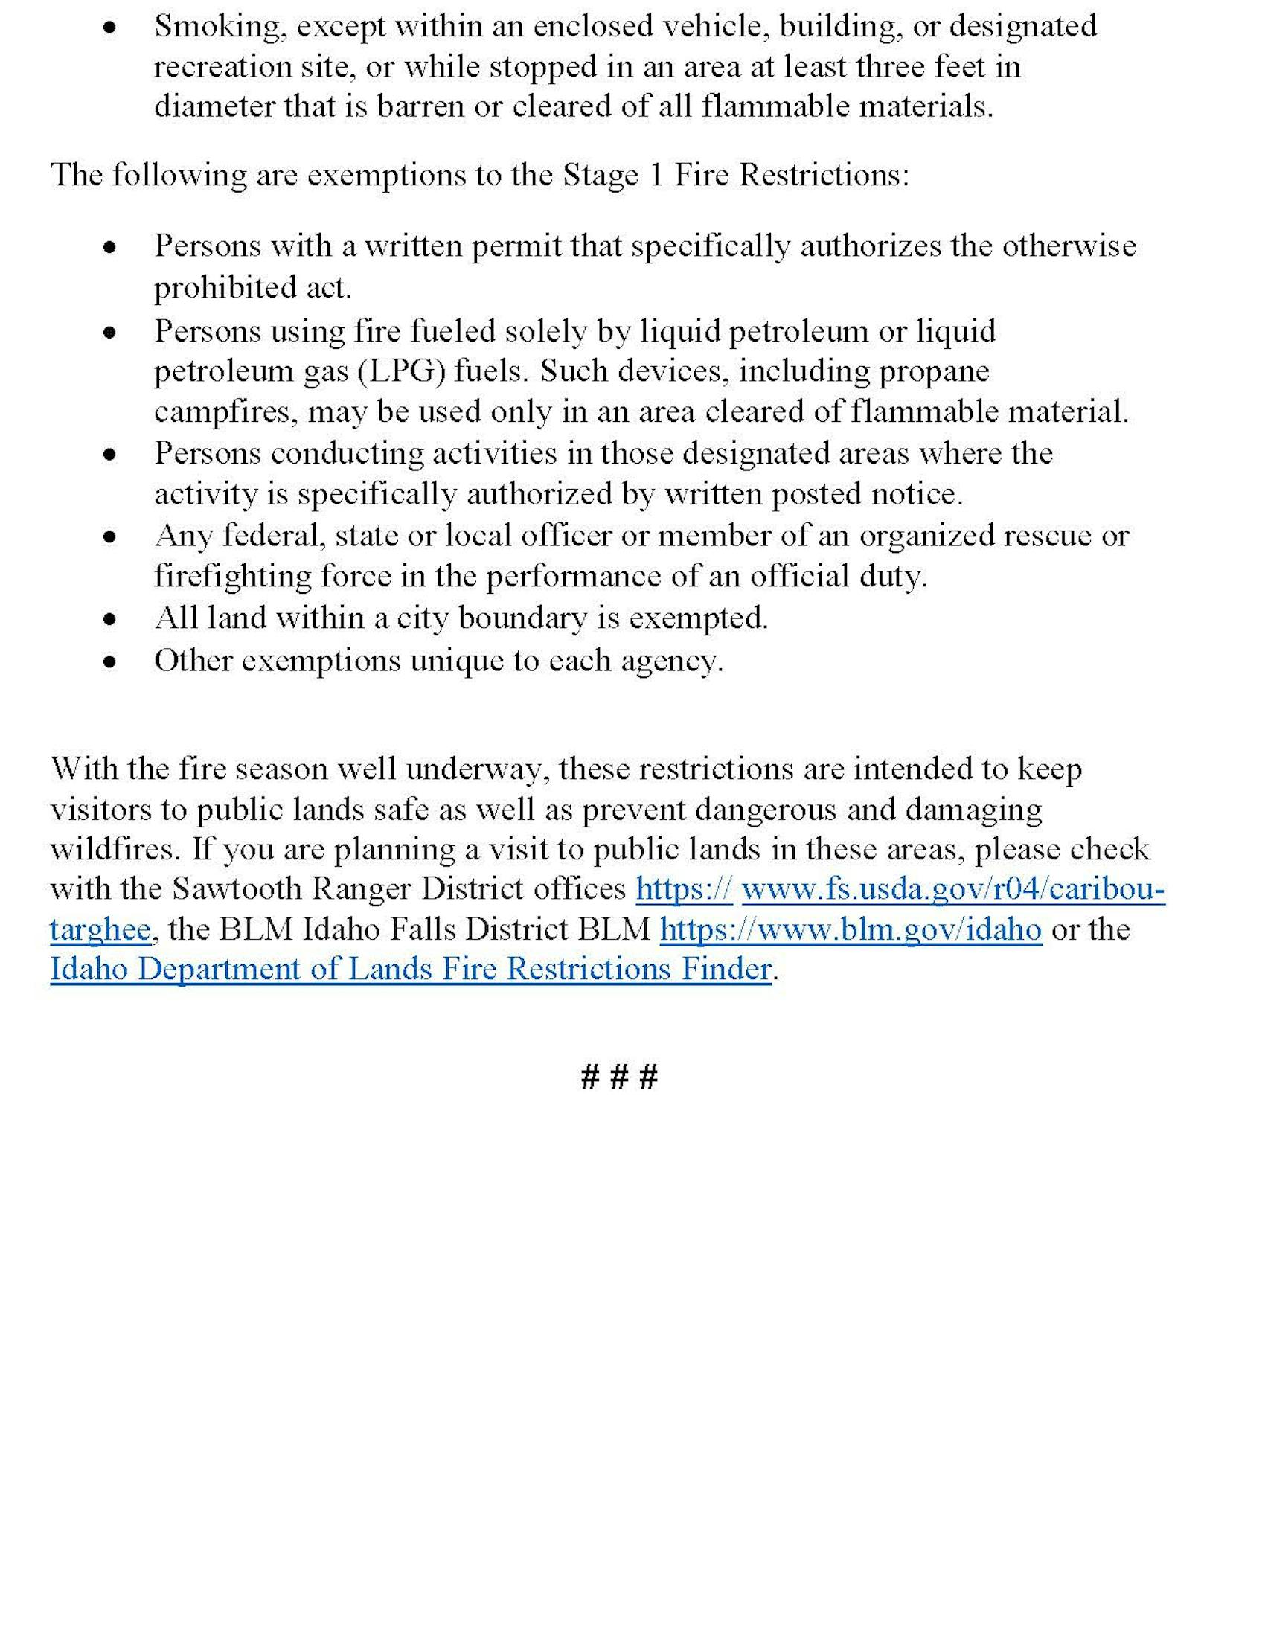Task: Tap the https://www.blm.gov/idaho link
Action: click(851, 929)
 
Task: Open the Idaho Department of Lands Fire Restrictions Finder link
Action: click(411, 969)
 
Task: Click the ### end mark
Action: click(619, 1077)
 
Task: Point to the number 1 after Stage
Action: click(656, 176)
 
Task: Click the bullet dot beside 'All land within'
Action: click(110, 619)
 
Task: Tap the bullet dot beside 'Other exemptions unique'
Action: click(110, 661)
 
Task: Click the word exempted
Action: click(697, 618)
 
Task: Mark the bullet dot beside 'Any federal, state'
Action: click(110, 536)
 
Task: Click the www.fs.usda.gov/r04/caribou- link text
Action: click(952, 889)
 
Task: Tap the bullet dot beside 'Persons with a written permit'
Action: click(110, 247)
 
